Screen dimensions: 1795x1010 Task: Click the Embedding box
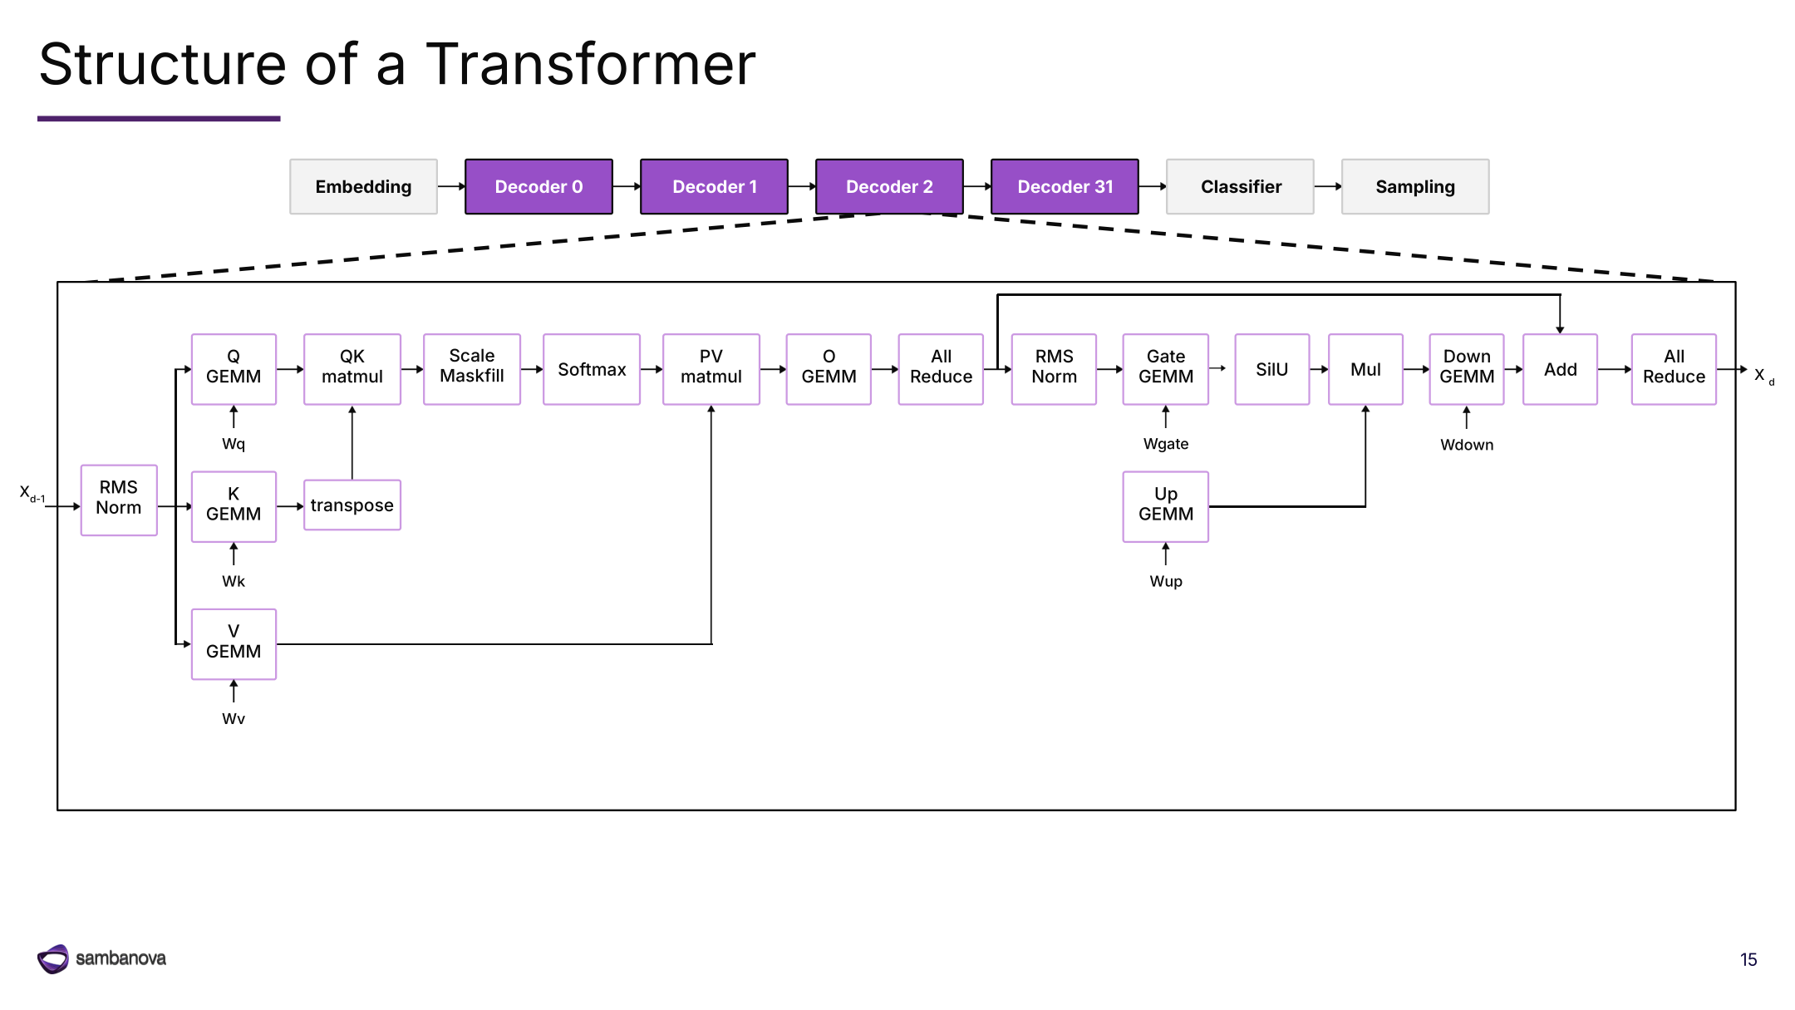pos(363,187)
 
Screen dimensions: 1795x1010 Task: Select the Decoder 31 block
pos(1065,187)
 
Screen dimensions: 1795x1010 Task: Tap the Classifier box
pos(1240,187)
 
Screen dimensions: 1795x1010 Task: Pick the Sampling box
pos(1415,187)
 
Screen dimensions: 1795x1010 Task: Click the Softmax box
pos(592,369)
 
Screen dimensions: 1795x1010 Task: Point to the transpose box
pos(352,505)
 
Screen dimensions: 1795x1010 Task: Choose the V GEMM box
pos(234,644)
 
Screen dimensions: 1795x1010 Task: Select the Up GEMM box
pos(1166,507)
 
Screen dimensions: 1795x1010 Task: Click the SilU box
pos(1272,369)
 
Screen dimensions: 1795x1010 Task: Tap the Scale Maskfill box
pos(472,369)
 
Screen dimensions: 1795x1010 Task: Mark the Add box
pos(1560,369)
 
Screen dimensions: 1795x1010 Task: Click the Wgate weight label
pos(1166,444)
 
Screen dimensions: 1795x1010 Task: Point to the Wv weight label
pos(234,718)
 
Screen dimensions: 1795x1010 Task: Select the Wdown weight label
pos(1467,445)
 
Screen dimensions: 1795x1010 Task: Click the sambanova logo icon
pos(53,958)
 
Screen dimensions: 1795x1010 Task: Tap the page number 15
pos(1748,959)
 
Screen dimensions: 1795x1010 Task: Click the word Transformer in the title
pos(591,64)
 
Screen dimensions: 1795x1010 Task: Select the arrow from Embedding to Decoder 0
pos(451,187)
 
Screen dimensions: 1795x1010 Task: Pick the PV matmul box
pos(711,369)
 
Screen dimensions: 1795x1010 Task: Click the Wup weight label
pos(1166,581)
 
